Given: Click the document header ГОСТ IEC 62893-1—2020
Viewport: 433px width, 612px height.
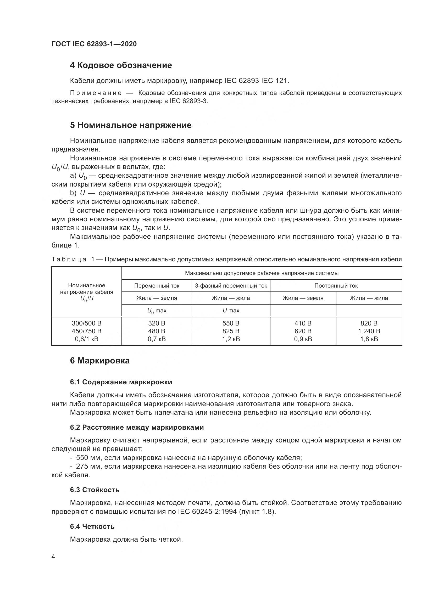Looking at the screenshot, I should point(94,44).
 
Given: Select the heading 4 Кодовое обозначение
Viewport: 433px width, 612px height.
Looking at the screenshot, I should point(121,65).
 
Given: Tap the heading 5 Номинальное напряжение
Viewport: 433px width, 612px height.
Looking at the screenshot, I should point(131,125).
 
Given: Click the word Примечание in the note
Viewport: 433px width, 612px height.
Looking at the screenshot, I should point(96,93).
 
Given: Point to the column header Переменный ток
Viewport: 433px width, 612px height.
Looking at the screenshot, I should point(157,286).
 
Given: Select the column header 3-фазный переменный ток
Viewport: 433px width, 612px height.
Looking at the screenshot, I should point(231,286).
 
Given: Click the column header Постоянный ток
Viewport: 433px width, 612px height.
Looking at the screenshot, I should point(336,286).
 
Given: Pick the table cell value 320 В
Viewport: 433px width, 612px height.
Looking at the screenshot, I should point(157,323).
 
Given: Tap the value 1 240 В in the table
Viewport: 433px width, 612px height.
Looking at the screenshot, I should point(369,331).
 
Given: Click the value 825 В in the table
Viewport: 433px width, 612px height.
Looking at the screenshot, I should point(231,331).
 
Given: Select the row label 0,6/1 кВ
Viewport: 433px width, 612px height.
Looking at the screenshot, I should point(87,339).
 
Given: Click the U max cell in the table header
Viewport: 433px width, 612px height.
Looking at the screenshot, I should point(231,311).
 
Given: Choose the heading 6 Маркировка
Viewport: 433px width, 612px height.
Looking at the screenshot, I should point(100,361).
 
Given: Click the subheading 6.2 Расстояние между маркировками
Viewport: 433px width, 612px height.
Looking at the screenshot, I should point(137,427).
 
